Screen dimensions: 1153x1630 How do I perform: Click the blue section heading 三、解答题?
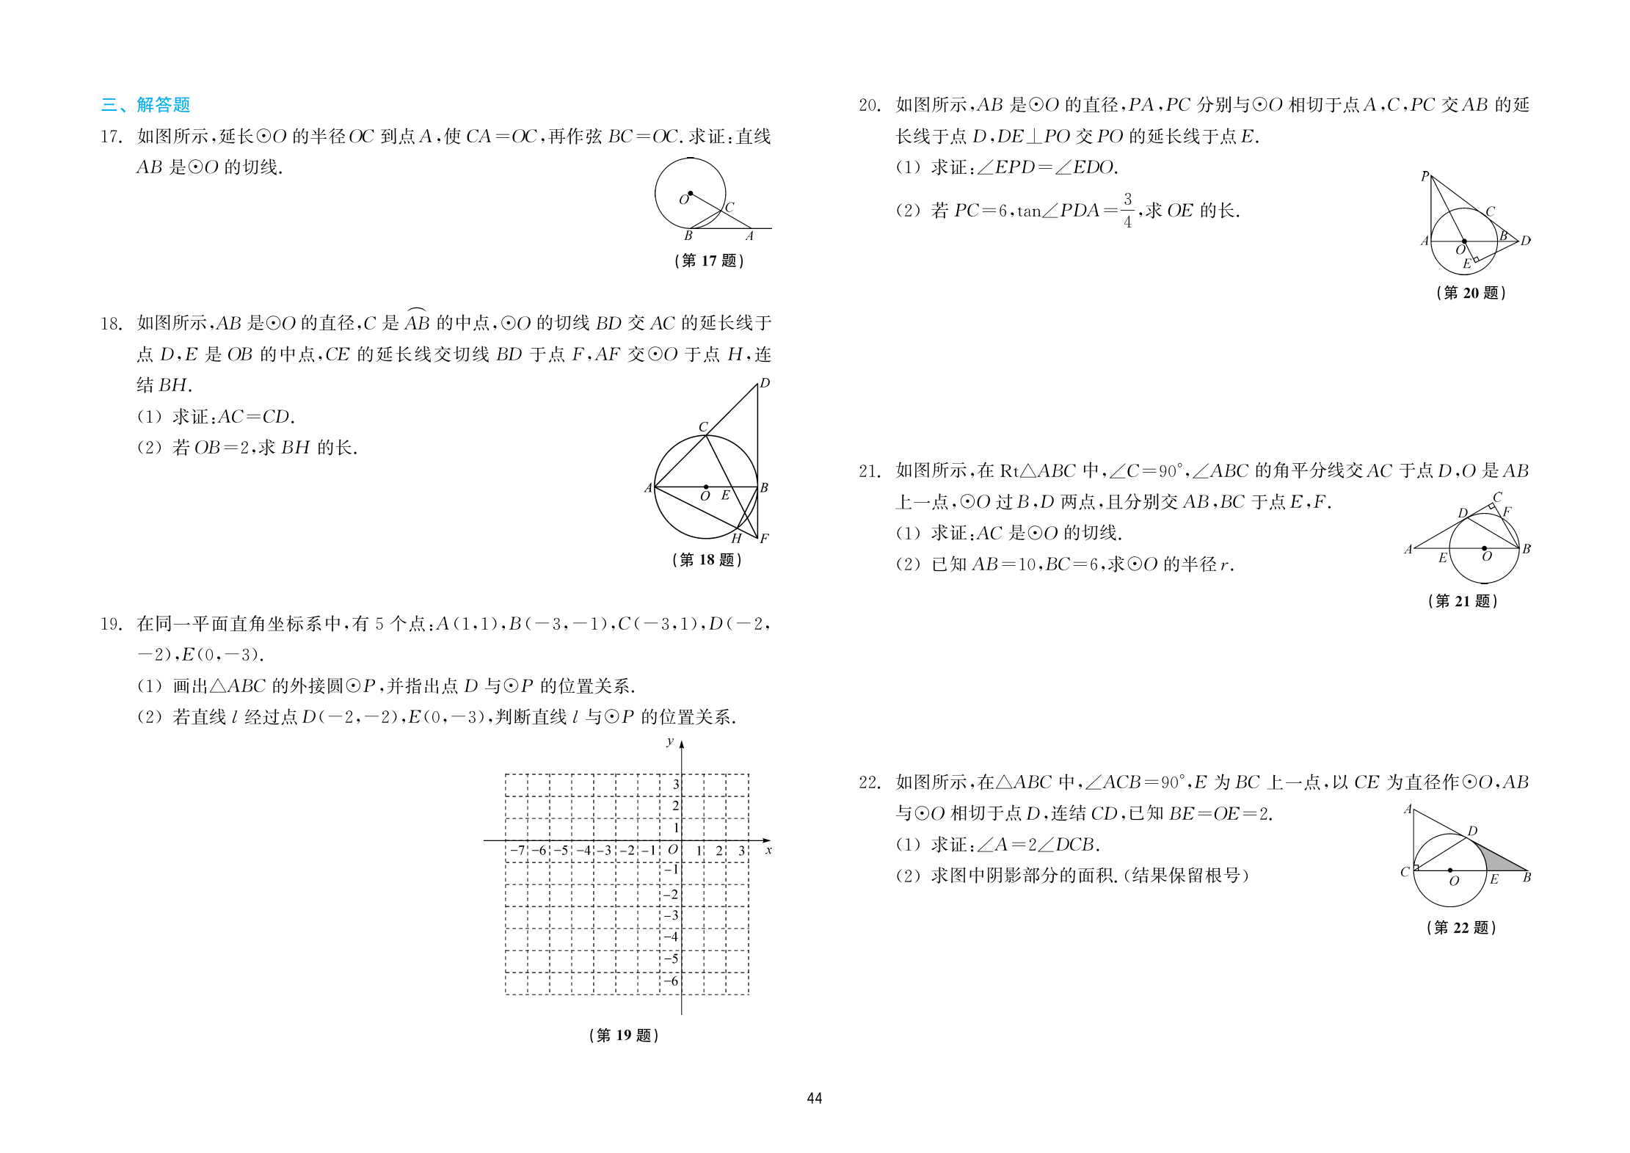click(x=145, y=105)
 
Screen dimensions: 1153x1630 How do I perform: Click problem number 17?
click(x=111, y=137)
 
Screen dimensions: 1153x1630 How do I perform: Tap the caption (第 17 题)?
click(x=709, y=261)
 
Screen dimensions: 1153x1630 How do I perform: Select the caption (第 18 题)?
click(x=707, y=560)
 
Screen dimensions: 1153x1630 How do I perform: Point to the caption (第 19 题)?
click(x=624, y=1036)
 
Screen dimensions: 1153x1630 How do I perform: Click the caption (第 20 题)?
click(x=1471, y=293)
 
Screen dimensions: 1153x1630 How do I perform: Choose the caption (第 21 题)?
click(x=1463, y=601)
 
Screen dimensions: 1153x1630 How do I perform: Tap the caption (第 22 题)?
click(x=1461, y=928)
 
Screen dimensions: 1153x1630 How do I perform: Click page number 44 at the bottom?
click(x=815, y=1099)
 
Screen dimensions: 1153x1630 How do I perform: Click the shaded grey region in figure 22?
click(x=1497, y=861)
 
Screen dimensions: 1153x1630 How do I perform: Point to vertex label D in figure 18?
click(x=765, y=383)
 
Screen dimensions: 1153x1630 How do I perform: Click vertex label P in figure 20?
click(x=1425, y=176)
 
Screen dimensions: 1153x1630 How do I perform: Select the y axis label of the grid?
click(x=670, y=741)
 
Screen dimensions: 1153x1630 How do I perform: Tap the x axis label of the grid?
click(x=768, y=851)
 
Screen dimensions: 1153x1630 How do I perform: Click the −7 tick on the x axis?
click(x=517, y=851)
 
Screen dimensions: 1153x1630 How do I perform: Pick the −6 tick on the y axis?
click(x=670, y=981)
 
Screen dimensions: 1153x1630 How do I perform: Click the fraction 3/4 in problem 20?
click(x=1127, y=210)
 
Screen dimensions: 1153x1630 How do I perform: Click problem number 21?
click(x=870, y=471)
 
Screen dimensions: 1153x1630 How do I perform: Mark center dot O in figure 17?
click(x=690, y=194)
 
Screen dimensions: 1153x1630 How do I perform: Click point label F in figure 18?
click(x=764, y=539)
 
